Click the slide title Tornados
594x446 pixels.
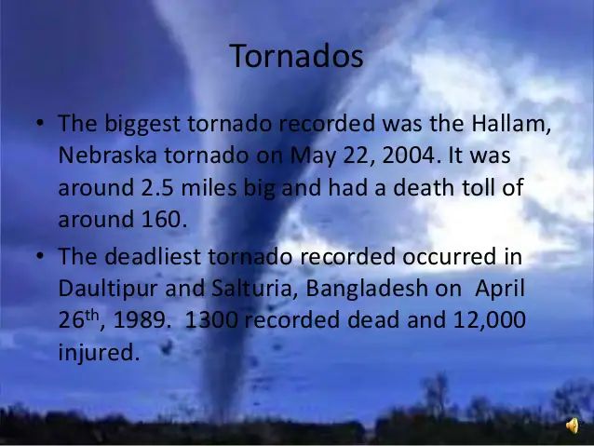(x=296, y=56)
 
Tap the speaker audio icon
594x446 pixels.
(x=573, y=426)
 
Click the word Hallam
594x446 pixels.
(x=511, y=124)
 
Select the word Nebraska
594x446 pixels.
(x=108, y=155)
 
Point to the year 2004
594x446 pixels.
(x=412, y=155)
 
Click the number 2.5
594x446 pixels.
(x=157, y=187)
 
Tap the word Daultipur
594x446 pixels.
(x=108, y=290)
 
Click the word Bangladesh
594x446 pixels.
(x=367, y=289)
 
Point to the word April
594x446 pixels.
(x=500, y=290)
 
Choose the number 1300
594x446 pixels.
(x=211, y=320)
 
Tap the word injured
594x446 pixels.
(x=100, y=353)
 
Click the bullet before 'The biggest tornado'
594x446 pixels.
(x=40, y=123)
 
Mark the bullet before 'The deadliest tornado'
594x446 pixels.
(x=40, y=255)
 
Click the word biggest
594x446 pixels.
(x=142, y=124)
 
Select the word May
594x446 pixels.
(x=313, y=155)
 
